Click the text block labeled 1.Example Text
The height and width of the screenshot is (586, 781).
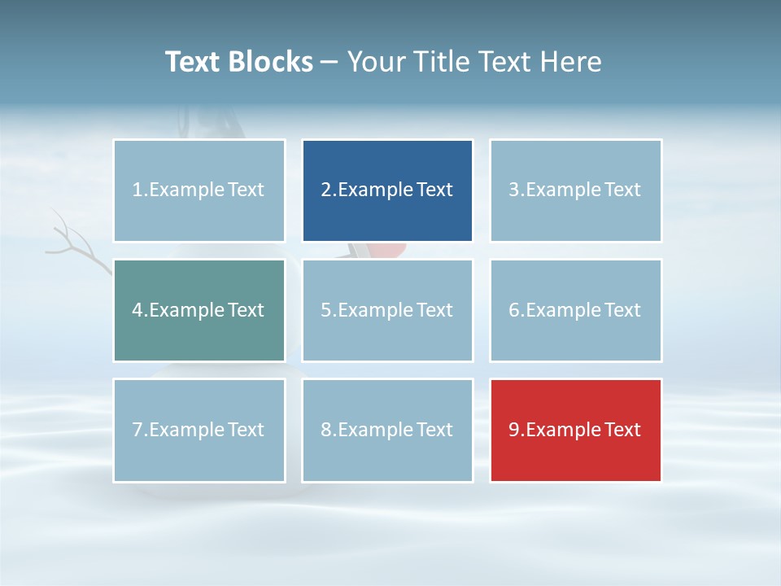click(199, 190)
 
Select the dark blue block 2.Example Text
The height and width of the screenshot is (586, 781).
click(387, 190)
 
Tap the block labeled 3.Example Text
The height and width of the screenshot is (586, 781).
click(575, 190)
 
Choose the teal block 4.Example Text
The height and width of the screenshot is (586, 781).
click(199, 310)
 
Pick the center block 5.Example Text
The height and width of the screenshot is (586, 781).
click(387, 310)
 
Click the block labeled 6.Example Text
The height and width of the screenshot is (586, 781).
click(575, 310)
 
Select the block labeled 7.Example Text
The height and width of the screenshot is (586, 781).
click(199, 430)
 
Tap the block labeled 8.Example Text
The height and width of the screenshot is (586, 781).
click(387, 430)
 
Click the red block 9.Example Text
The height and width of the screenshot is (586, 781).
click(575, 430)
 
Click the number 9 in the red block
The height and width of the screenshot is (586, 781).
click(513, 430)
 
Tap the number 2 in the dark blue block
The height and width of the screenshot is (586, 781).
click(325, 190)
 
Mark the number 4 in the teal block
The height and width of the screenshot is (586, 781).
click(137, 310)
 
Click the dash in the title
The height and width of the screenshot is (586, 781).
click(329, 63)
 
